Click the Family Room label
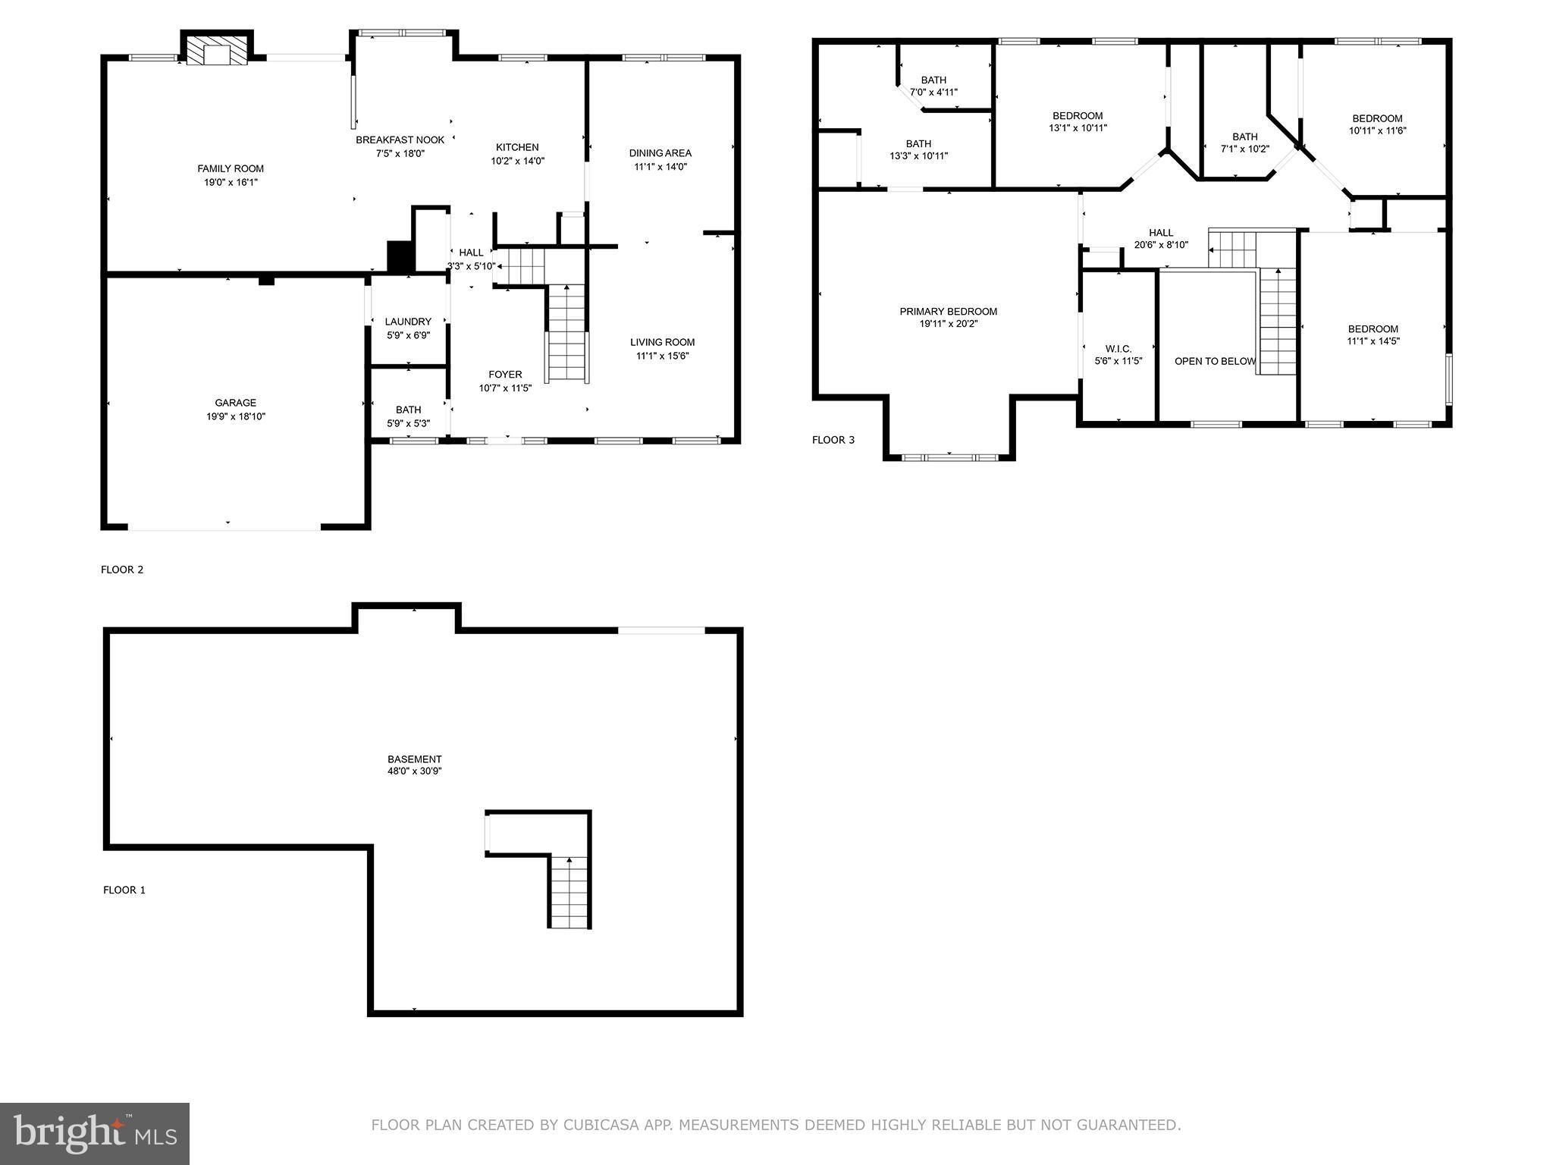[231, 169]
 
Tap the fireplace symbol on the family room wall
[217, 52]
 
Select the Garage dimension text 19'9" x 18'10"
[236, 416]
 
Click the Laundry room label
[408, 322]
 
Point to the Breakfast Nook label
[400, 140]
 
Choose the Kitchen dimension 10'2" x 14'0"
[517, 161]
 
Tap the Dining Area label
[660, 153]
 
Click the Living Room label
[662, 342]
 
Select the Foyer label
[505, 375]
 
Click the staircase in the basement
[569, 891]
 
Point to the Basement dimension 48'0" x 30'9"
[414, 771]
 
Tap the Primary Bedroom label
[948, 312]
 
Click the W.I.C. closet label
[1118, 349]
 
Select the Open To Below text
[1215, 362]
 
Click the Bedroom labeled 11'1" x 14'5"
[1373, 334]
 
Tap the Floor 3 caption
[833, 440]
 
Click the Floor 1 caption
[124, 890]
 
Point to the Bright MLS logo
[95, 1133]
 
